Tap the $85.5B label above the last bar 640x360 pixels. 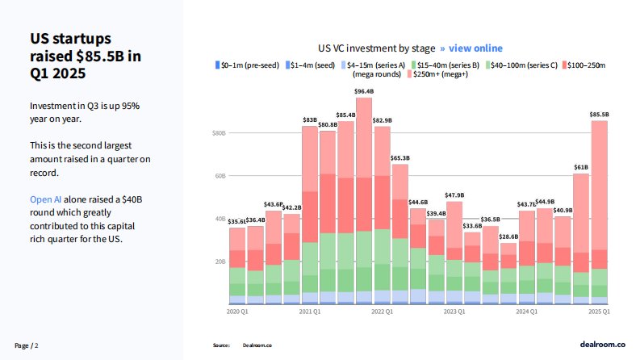click(x=599, y=115)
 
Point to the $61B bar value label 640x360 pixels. click(x=581, y=167)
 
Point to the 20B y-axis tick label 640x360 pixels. click(x=218, y=262)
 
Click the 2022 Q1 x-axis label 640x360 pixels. click(x=382, y=311)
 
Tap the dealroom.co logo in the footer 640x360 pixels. click(x=603, y=344)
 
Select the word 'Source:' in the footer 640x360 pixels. click(x=222, y=345)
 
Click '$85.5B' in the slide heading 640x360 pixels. click(x=102, y=57)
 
